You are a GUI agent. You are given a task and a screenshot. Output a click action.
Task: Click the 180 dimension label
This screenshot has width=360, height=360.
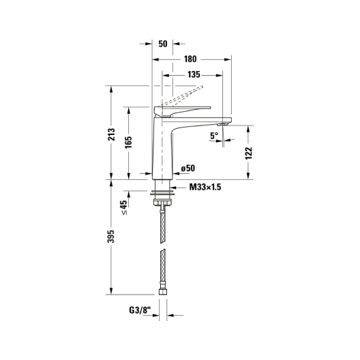click(190, 59)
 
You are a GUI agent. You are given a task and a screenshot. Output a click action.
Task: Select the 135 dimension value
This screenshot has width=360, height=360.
click(194, 74)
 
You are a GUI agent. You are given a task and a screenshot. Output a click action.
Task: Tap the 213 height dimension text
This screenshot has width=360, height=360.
click(112, 134)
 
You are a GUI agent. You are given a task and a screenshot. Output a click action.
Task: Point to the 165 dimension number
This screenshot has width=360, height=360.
click(129, 142)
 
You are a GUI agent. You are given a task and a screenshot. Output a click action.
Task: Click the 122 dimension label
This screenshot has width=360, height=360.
click(249, 153)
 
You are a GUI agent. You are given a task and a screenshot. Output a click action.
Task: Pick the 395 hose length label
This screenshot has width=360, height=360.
click(111, 236)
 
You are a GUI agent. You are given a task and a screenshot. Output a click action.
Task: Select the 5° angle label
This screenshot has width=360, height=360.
click(214, 136)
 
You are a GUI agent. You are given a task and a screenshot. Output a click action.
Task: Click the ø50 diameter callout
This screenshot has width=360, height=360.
click(188, 168)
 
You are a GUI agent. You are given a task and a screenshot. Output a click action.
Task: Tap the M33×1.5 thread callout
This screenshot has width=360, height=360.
click(205, 187)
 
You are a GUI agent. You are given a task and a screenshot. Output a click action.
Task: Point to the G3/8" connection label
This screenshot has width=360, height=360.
click(140, 311)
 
